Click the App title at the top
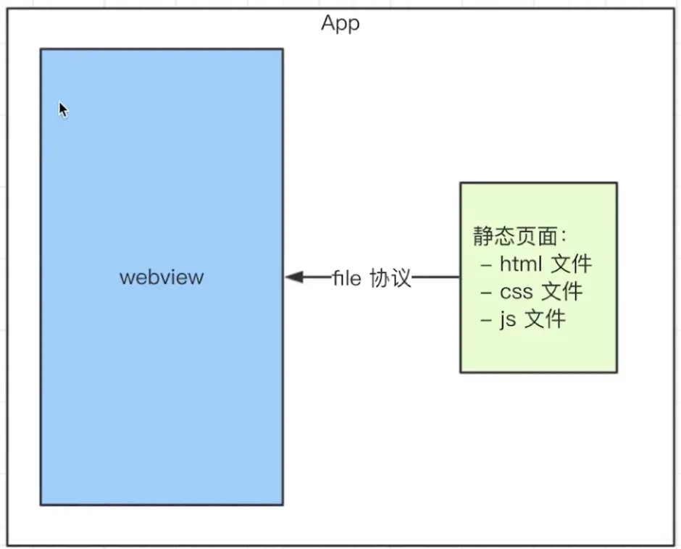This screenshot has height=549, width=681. [x=340, y=23]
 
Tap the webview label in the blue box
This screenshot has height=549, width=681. [x=162, y=277]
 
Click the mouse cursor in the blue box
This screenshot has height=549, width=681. [x=64, y=109]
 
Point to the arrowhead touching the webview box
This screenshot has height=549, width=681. [x=294, y=277]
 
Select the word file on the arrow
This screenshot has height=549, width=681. [x=346, y=278]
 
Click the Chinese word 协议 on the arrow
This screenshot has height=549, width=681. [x=390, y=278]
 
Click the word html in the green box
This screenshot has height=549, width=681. [x=521, y=264]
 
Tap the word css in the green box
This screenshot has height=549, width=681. [x=516, y=292]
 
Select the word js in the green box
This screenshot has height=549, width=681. [x=508, y=319]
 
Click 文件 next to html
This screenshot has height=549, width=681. [x=572, y=264]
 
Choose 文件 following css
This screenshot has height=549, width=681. [x=562, y=291]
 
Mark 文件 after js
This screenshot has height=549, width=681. [x=546, y=319]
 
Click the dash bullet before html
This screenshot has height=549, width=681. [x=486, y=264]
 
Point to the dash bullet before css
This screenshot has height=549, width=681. [x=486, y=293]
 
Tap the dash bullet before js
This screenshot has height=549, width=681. [x=486, y=321]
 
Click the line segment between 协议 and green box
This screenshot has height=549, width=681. [x=435, y=277]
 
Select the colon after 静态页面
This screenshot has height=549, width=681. [x=564, y=237]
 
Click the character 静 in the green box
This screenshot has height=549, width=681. [x=483, y=236]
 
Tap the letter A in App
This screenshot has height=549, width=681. [x=328, y=22]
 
